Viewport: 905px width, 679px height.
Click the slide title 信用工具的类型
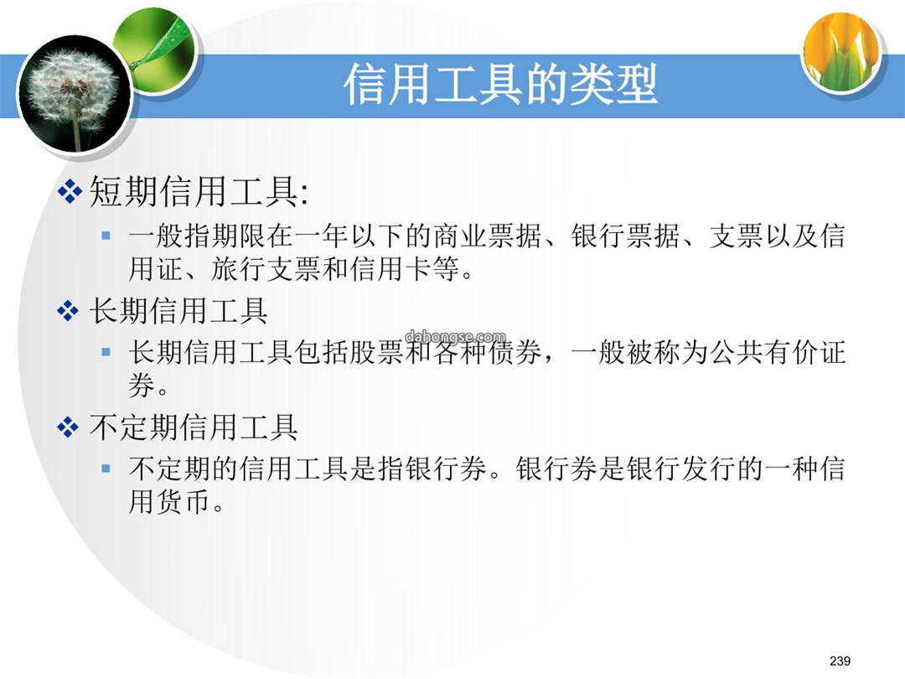point(500,85)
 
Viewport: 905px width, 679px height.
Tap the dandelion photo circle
point(75,94)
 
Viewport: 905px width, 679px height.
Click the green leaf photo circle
point(156,51)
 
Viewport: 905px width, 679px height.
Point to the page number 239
point(840,661)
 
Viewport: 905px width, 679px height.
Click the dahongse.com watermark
point(455,337)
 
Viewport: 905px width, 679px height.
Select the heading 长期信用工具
point(178,311)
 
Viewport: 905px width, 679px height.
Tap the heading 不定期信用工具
point(194,428)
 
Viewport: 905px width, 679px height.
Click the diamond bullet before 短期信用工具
point(70,192)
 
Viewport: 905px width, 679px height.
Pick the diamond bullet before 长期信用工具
point(68,311)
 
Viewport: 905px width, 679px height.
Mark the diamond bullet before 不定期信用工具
point(68,428)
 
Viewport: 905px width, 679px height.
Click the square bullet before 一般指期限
point(106,235)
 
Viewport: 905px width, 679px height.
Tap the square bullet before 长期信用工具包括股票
point(106,351)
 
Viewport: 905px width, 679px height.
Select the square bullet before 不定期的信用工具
point(106,469)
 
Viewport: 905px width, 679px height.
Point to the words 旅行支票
point(266,269)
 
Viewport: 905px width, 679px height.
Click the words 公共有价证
point(778,352)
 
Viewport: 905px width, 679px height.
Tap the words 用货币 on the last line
point(168,501)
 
